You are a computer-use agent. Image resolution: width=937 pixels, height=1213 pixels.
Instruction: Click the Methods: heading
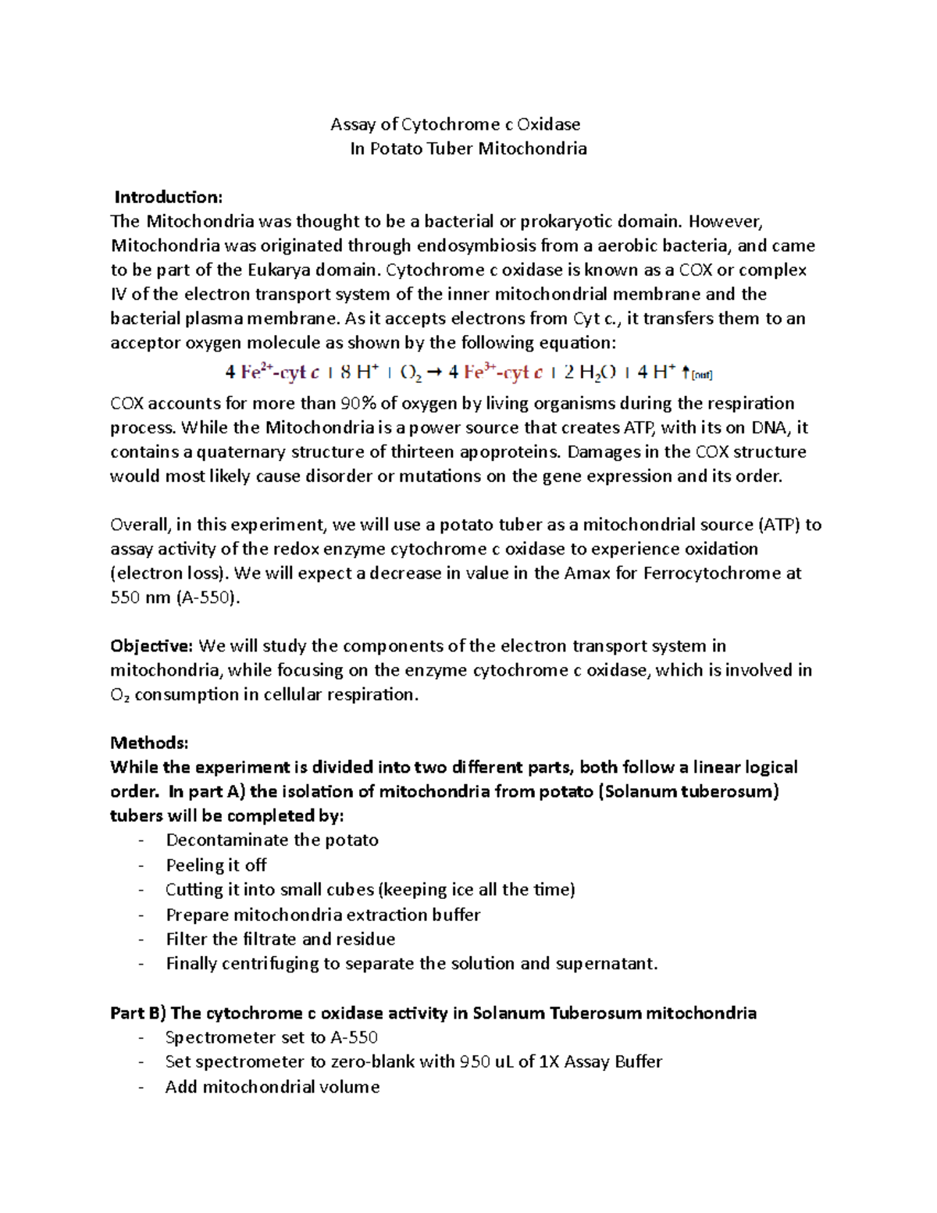(x=149, y=742)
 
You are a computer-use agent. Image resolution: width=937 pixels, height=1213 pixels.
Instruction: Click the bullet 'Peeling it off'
(x=216, y=865)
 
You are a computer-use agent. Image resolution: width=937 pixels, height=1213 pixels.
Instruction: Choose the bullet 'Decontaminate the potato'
(x=272, y=840)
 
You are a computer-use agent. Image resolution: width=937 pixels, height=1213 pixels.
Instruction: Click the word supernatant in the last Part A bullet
(x=606, y=964)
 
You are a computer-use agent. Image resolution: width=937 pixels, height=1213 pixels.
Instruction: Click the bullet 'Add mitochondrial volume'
(x=272, y=1087)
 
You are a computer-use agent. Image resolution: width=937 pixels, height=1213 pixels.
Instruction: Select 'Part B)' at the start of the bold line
(x=138, y=1014)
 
